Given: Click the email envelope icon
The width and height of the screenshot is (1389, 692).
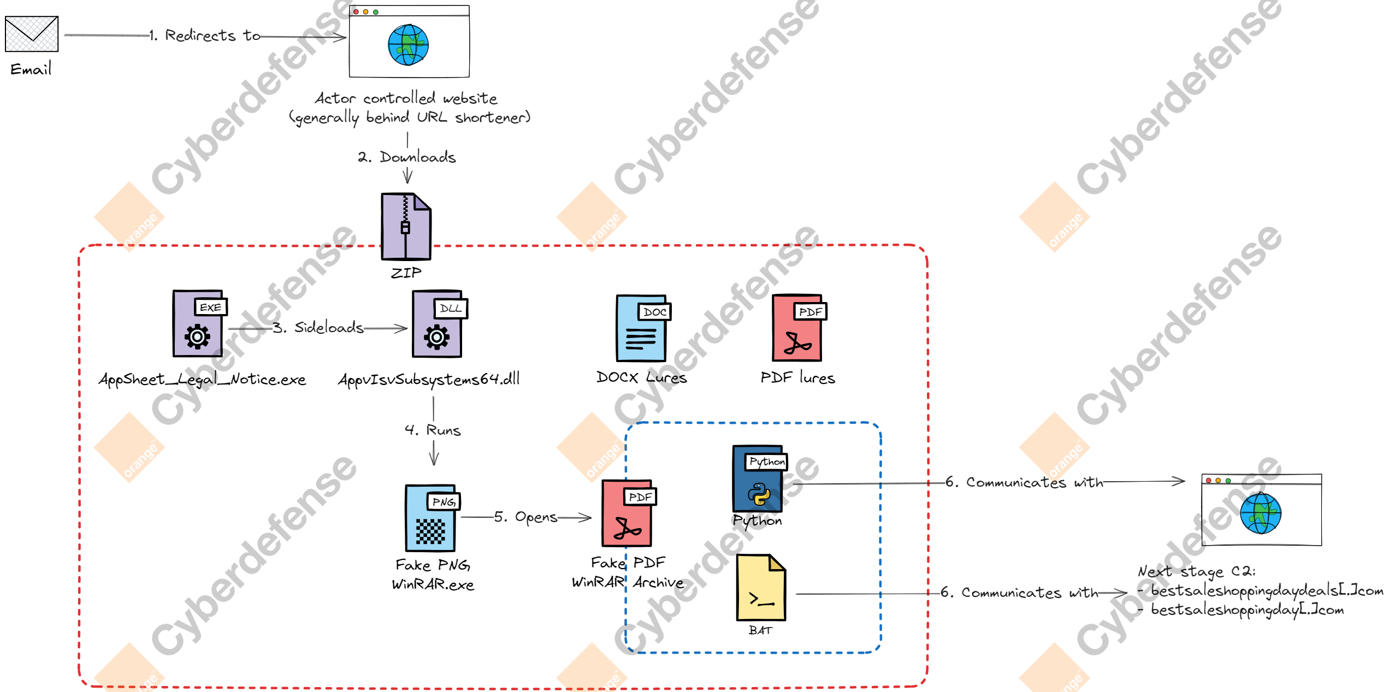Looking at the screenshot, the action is tap(32, 34).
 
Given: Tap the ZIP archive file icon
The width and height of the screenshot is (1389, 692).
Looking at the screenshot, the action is tap(406, 226).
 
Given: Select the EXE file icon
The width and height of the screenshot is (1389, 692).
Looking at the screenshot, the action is tap(199, 323).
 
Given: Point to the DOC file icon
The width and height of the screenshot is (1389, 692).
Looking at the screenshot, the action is tap(643, 328).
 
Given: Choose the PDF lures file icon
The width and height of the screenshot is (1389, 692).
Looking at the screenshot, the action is tap(799, 328).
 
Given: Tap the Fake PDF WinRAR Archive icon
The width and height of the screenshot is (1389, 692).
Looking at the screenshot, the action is tap(628, 513).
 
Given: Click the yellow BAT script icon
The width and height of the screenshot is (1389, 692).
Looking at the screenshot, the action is tap(761, 588).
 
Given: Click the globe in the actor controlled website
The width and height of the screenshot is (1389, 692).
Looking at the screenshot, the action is tap(408, 45).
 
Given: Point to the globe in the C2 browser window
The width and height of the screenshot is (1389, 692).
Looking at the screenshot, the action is tap(1261, 513).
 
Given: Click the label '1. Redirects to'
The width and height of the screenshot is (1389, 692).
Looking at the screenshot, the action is tap(205, 36).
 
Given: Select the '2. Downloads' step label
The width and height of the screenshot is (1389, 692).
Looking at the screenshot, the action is tap(407, 157).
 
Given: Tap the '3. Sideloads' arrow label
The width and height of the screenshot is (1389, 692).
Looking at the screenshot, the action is tap(318, 327).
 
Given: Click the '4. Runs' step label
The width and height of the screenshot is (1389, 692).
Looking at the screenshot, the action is tap(433, 430).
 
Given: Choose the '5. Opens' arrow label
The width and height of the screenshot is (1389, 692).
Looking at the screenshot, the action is tap(525, 517).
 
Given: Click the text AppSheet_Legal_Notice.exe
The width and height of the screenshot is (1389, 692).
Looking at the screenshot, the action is tap(202, 379).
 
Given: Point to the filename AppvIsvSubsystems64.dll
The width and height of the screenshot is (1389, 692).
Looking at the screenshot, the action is tap(429, 379).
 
